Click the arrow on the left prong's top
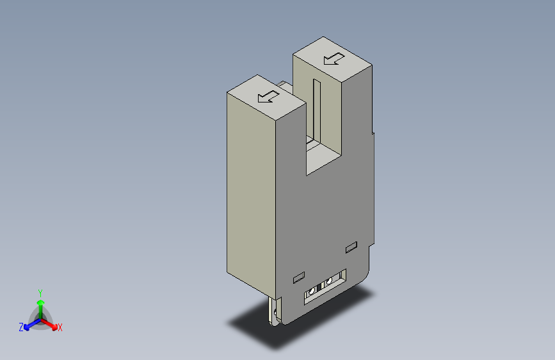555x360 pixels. point(268,97)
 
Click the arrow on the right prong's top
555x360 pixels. point(334,59)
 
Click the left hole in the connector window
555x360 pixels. point(312,291)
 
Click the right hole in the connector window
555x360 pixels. point(330,281)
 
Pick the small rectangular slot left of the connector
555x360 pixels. point(297,277)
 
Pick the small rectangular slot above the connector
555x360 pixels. point(350,247)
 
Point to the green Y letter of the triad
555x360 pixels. point(40,291)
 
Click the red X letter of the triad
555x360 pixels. point(60,328)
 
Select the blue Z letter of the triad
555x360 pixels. point(21,327)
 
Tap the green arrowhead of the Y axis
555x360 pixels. point(40,301)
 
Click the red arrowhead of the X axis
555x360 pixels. point(54,325)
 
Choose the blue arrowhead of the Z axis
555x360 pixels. point(27,325)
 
